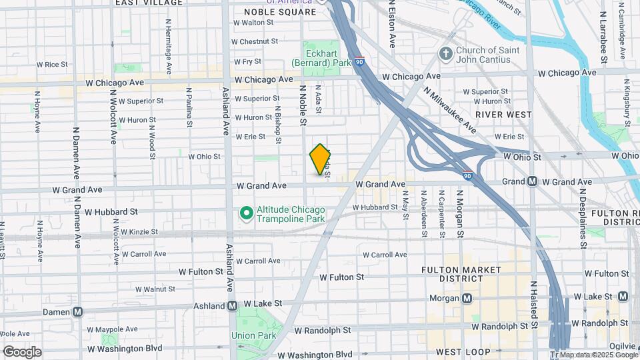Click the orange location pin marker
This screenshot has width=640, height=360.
click(320, 159)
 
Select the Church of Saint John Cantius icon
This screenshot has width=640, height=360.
click(445, 53)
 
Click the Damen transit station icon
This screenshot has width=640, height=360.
click(78, 311)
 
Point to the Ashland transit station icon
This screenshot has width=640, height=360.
click(233, 305)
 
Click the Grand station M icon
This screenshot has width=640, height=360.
click(532, 181)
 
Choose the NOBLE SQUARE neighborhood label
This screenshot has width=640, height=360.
click(279, 12)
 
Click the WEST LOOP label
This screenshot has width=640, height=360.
click(463, 351)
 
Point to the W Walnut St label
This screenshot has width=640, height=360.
click(154, 289)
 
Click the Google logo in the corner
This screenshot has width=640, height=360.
click(22, 351)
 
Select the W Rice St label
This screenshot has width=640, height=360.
click(52, 65)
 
